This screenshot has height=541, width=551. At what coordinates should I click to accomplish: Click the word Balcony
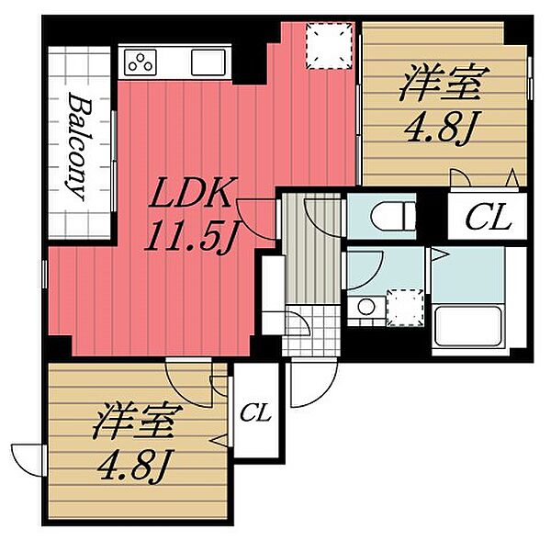pos(77,146)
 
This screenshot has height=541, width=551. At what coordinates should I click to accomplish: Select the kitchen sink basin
pos(208,62)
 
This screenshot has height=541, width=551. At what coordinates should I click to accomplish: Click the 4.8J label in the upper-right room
pos(438,130)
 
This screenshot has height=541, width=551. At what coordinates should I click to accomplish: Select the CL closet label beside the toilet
pos(486,219)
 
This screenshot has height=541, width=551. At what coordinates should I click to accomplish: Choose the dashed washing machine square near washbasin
pos(403,306)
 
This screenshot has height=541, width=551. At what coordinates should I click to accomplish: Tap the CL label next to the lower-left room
pos(256,413)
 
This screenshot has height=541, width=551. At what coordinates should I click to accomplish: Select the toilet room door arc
pos(321,217)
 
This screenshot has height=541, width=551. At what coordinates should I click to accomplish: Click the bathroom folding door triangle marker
pos(440,252)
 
